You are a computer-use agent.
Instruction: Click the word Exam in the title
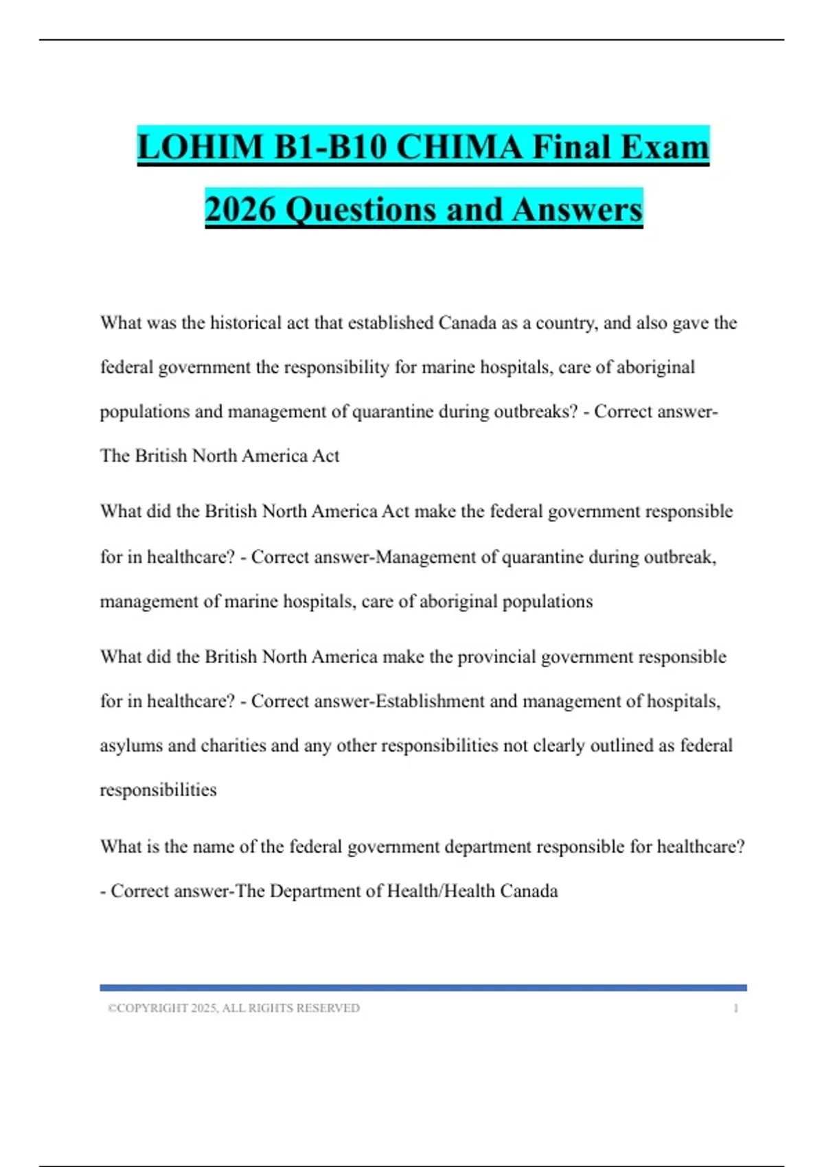664,147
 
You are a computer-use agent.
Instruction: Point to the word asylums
131,746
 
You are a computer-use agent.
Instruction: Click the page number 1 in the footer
736,1008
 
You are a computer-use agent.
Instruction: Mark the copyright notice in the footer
233,1008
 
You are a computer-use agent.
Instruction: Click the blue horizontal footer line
423,988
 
